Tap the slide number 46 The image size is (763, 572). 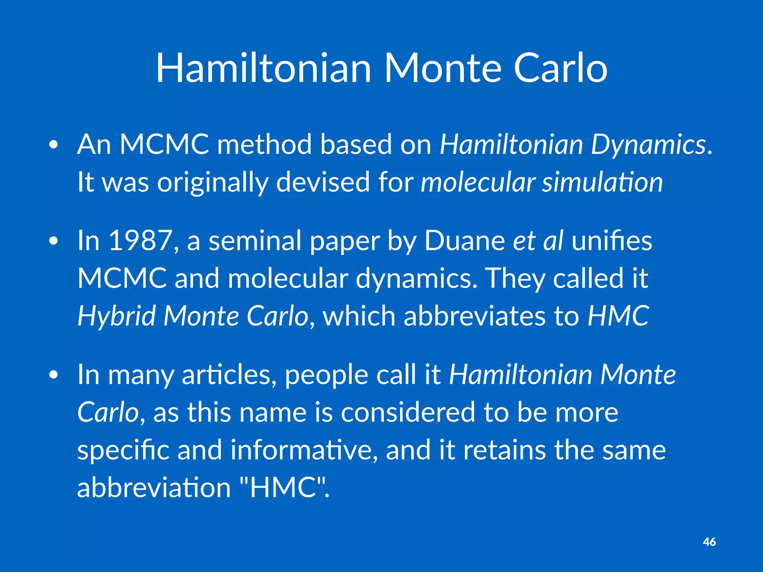709,542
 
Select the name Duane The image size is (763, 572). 464,241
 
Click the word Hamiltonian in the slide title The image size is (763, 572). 263,69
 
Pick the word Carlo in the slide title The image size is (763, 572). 560,69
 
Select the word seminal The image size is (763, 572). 255,241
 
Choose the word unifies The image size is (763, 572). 612,241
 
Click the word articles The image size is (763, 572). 229,375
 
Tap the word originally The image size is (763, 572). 212,183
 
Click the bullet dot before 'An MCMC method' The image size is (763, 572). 54,145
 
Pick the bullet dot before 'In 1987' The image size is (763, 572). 54,241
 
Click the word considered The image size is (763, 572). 408,413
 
